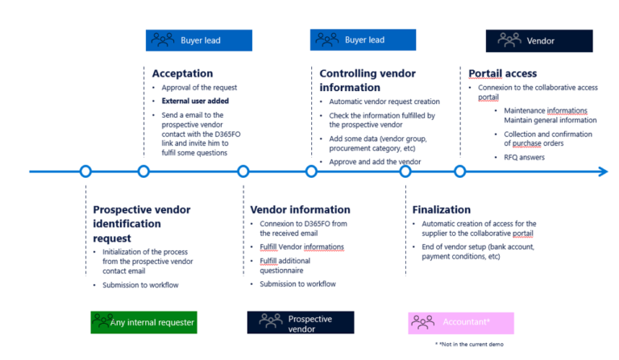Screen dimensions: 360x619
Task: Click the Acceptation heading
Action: coord(182,73)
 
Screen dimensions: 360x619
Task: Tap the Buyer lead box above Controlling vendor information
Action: coord(363,39)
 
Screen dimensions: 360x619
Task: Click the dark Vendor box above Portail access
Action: coord(538,40)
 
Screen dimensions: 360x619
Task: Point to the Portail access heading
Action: coord(502,73)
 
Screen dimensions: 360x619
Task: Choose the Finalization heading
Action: coord(441,209)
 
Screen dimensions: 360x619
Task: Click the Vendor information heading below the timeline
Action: coord(300,209)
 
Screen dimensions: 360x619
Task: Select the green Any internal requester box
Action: coord(143,322)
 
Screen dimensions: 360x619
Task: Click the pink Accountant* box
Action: coord(460,322)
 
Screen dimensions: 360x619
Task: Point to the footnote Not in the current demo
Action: coord(468,344)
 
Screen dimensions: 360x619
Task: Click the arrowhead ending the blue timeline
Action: coord(602,171)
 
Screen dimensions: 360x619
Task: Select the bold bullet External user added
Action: coord(194,101)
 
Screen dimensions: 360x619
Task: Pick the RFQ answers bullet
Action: coord(525,158)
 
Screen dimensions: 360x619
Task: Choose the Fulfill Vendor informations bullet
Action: coord(301,246)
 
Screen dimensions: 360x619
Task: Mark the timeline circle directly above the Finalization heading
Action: coord(405,171)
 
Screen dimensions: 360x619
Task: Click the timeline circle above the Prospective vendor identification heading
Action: coord(85,171)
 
